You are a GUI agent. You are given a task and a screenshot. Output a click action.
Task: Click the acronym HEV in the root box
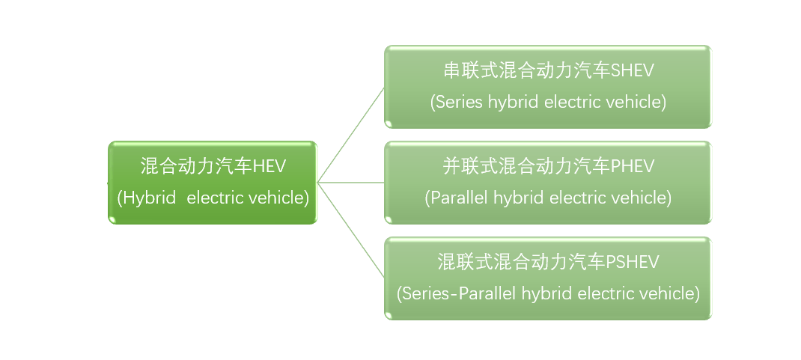click(x=269, y=166)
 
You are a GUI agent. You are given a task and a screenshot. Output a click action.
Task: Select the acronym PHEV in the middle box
click(x=632, y=166)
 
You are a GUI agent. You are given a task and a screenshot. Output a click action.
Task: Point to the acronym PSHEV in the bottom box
click(x=632, y=262)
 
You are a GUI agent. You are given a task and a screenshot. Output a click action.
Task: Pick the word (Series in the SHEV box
click(x=456, y=102)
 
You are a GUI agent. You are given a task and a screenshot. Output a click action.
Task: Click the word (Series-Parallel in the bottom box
click(x=457, y=293)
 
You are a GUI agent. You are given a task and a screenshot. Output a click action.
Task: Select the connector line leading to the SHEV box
click(x=350, y=135)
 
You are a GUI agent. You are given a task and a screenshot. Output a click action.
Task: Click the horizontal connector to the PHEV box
click(x=350, y=183)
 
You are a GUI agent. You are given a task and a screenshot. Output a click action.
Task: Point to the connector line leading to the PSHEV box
click(x=350, y=230)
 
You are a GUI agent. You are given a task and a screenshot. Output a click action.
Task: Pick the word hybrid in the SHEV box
click(x=513, y=102)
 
